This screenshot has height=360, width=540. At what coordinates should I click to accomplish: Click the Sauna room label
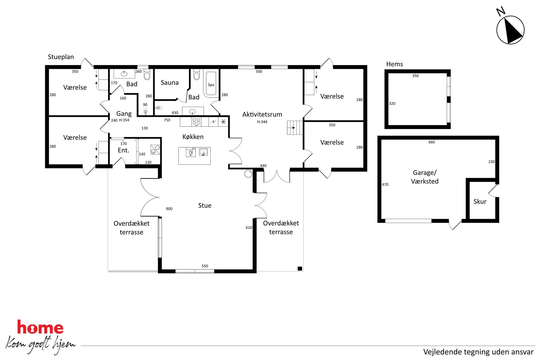point(170,82)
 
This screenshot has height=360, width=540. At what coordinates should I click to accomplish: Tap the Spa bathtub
point(211,84)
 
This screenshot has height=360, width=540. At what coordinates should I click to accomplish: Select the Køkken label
point(193,137)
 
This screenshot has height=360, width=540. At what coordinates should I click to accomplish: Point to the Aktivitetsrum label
point(262,114)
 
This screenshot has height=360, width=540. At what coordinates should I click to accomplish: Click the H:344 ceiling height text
point(262,122)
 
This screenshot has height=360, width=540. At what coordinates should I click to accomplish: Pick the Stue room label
point(205,205)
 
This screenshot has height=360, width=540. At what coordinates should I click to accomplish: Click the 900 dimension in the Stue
point(169,209)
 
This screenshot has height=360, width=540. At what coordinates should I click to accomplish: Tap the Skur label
point(480,201)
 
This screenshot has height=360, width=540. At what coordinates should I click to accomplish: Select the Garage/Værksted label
point(425,177)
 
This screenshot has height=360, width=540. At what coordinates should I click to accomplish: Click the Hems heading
point(394,64)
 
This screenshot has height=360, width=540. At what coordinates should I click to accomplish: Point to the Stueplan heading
point(61,57)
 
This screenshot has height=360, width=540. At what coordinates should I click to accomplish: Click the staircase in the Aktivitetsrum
point(295,128)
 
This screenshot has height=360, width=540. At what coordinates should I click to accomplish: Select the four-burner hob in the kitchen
point(196,121)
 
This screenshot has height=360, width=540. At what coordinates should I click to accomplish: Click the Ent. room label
point(123,150)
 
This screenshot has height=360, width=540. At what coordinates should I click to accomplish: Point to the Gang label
point(124,113)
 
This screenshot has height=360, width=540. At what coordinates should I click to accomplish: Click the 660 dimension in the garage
point(432,142)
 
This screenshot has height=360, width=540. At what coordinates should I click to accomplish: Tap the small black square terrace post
point(300,269)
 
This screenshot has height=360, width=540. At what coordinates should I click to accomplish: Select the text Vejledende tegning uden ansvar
point(478,352)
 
